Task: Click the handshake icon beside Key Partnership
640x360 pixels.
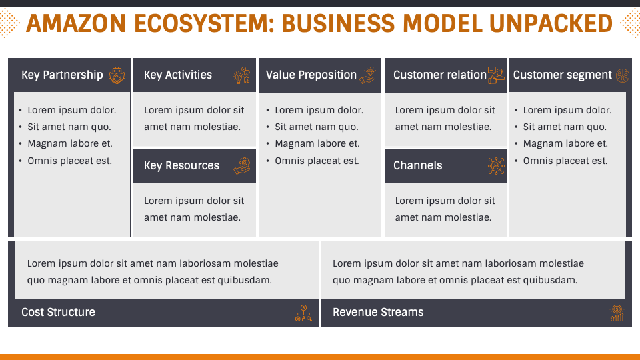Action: coord(117,75)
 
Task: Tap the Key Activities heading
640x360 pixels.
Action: coord(178,75)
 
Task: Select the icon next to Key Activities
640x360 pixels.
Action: coord(241,75)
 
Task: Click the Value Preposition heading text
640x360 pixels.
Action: coord(311,75)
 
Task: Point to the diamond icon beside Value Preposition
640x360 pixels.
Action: coord(367,75)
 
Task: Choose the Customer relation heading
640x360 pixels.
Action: coord(439,75)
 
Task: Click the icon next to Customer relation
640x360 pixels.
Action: coord(495,75)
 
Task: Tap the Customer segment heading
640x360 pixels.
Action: coord(562,75)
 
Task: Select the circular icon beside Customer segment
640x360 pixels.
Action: coord(622,75)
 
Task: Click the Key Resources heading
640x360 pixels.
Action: coord(181,166)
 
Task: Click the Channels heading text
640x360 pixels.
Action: coord(417,166)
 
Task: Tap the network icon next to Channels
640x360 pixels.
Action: coord(496,166)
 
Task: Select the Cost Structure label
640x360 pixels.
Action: coord(58,313)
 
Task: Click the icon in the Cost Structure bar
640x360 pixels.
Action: coord(303,313)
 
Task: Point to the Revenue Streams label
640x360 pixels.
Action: coord(378,313)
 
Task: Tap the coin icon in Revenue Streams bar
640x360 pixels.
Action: coord(617,313)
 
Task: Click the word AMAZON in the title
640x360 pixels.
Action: coord(75,24)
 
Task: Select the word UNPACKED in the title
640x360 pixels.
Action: coord(550,24)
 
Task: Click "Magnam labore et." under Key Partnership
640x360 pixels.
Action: coord(70,144)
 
